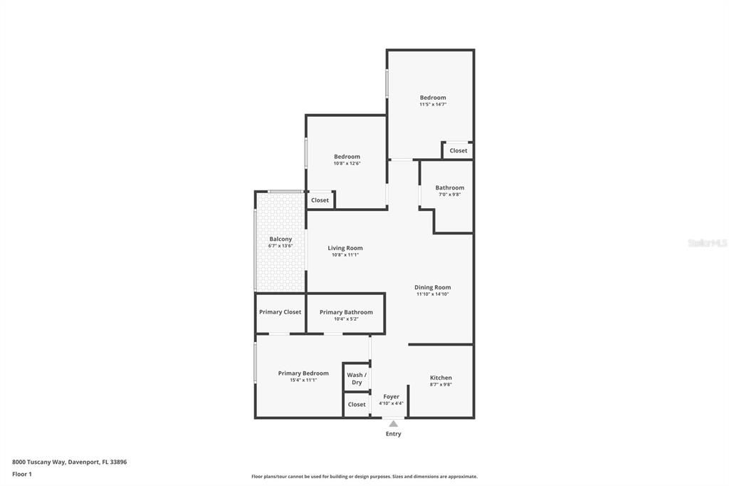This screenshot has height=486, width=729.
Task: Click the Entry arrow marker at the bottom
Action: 393,423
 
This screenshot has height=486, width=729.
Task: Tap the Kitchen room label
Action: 441,378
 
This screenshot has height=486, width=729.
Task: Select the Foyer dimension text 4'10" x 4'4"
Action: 391,403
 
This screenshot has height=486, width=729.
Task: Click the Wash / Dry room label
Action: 357,378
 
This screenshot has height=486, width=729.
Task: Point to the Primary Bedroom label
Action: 303,373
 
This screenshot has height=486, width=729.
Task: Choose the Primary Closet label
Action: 280,312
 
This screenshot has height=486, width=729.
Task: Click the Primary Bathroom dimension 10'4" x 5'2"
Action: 346,319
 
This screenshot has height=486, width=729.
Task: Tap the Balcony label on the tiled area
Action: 280,239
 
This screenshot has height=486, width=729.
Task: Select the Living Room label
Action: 345,248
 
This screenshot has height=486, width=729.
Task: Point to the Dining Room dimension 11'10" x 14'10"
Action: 433,294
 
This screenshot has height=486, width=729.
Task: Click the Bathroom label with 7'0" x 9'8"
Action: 449,188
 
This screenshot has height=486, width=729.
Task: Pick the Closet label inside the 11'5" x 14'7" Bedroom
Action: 458,150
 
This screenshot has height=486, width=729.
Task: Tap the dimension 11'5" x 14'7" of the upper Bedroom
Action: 433,104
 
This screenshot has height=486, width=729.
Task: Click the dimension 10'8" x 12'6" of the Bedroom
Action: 347,163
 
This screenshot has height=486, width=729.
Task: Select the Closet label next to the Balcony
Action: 320,200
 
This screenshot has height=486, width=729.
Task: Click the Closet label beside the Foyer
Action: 357,405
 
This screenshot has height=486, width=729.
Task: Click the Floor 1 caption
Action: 22,474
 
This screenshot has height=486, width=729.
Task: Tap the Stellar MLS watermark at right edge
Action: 707,243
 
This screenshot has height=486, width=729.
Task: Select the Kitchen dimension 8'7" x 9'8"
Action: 441,385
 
